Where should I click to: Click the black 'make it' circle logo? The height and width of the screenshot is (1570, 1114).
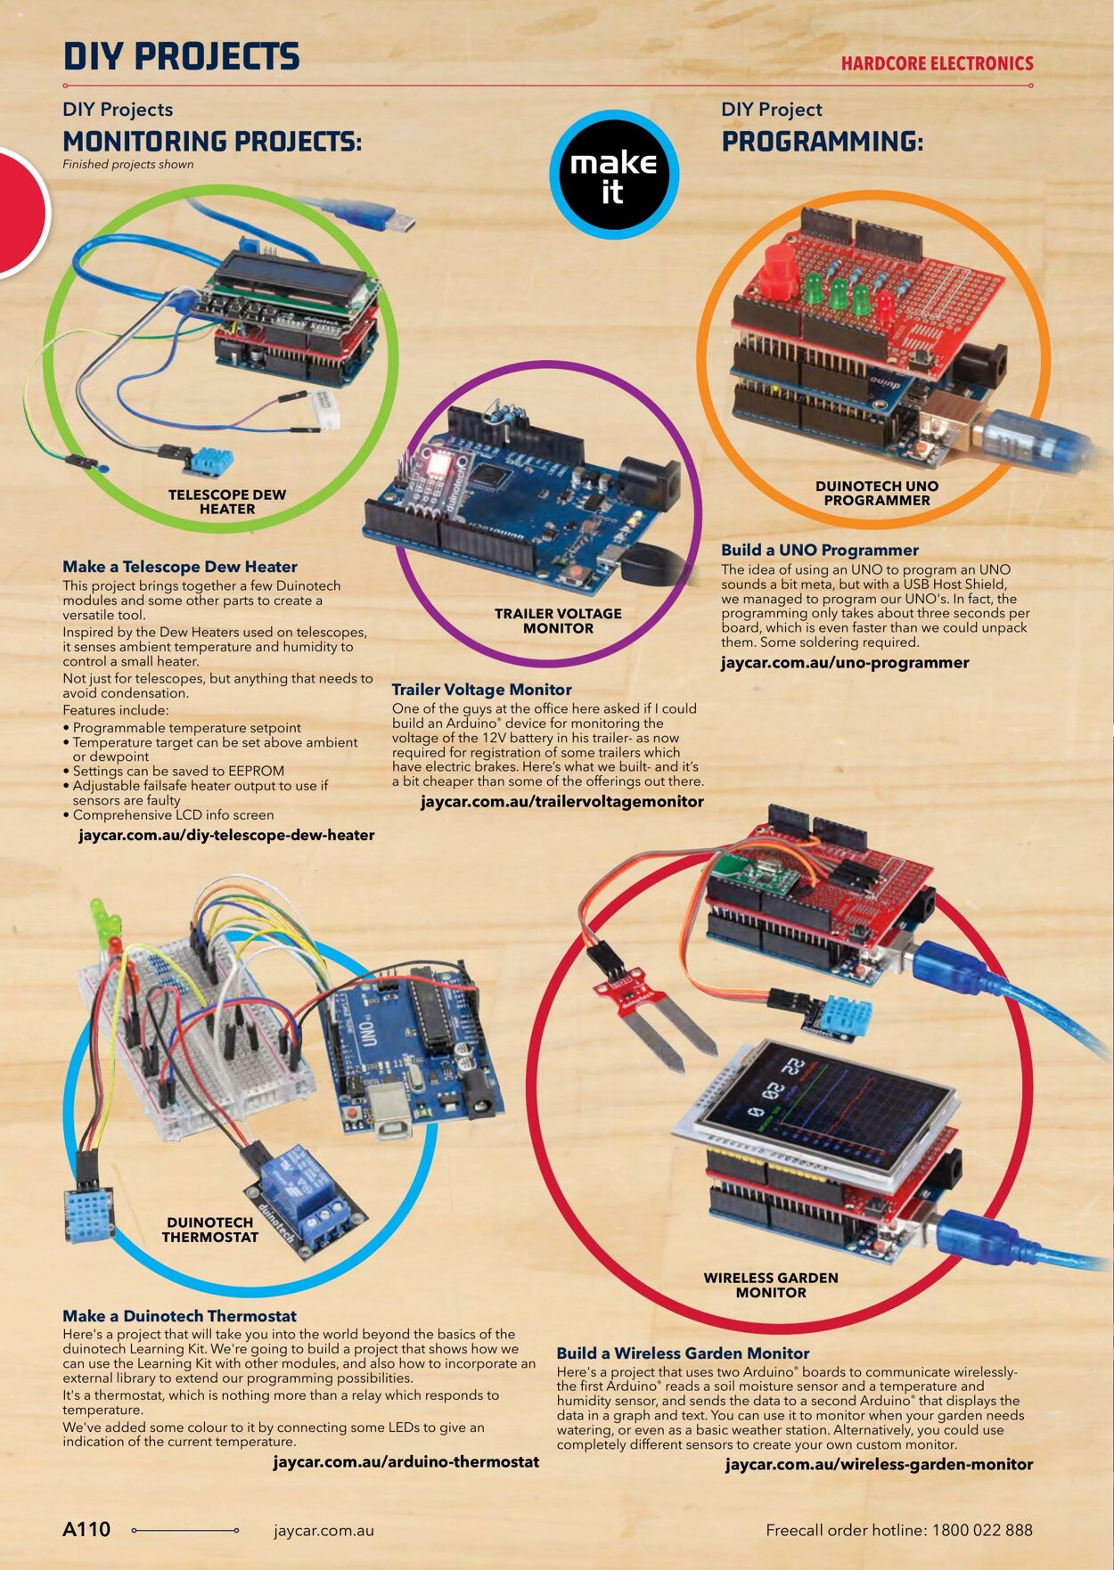point(614,176)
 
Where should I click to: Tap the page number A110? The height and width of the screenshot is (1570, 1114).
point(86,1529)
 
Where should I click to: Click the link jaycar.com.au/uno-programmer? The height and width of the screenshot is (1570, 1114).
point(844,662)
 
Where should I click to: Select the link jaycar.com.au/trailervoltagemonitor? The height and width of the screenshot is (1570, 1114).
point(561,801)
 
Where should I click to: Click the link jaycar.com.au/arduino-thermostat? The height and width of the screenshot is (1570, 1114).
point(405,1461)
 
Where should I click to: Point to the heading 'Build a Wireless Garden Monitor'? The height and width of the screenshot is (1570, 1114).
point(683,1353)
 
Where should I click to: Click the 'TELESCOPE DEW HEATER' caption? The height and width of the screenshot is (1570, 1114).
point(226,502)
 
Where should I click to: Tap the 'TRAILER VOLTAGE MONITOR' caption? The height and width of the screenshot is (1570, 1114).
point(558,620)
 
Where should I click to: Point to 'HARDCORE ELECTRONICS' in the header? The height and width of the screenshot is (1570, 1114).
point(937,63)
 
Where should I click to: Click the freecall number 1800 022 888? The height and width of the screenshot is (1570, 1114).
point(982,1530)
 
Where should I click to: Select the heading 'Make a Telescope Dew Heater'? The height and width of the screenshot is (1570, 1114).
point(179,567)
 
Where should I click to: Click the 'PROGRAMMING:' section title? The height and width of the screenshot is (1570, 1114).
point(822,142)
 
